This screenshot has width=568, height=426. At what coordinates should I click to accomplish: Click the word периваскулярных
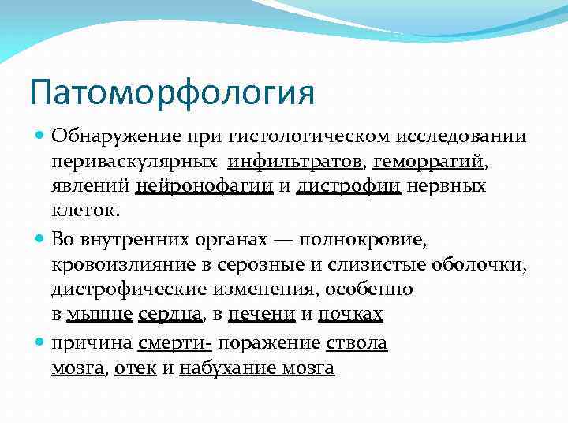pyautogui.click(x=135, y=162)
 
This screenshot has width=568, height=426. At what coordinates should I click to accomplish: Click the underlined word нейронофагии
pyautogui.click(x=204, y=187)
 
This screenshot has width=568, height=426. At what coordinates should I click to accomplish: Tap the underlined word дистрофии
pyautogui.click(x=349, y=187)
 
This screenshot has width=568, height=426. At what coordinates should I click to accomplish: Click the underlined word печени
pyautogui.click(x=261, y=314)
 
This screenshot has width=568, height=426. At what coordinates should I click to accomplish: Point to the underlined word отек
pyautogui.click(x=135, y=368)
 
